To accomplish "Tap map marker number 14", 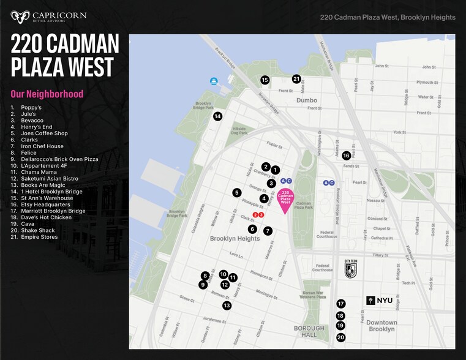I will point(217,116).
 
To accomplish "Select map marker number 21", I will point(296,79).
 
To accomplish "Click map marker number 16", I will point(346,156).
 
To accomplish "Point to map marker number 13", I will point(227,306).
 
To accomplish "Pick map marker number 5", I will point(237,193).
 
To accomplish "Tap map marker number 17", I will point(341,304).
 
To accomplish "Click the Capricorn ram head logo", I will point(20,16).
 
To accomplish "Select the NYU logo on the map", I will point(379,301).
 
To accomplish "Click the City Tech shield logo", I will point(350,268).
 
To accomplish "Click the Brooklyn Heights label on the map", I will point(235,239).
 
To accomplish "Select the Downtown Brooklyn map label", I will point(381,326).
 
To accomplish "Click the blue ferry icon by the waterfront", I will point(214,81).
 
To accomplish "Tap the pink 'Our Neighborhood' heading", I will point(47,94).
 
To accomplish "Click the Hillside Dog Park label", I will point(239,130).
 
